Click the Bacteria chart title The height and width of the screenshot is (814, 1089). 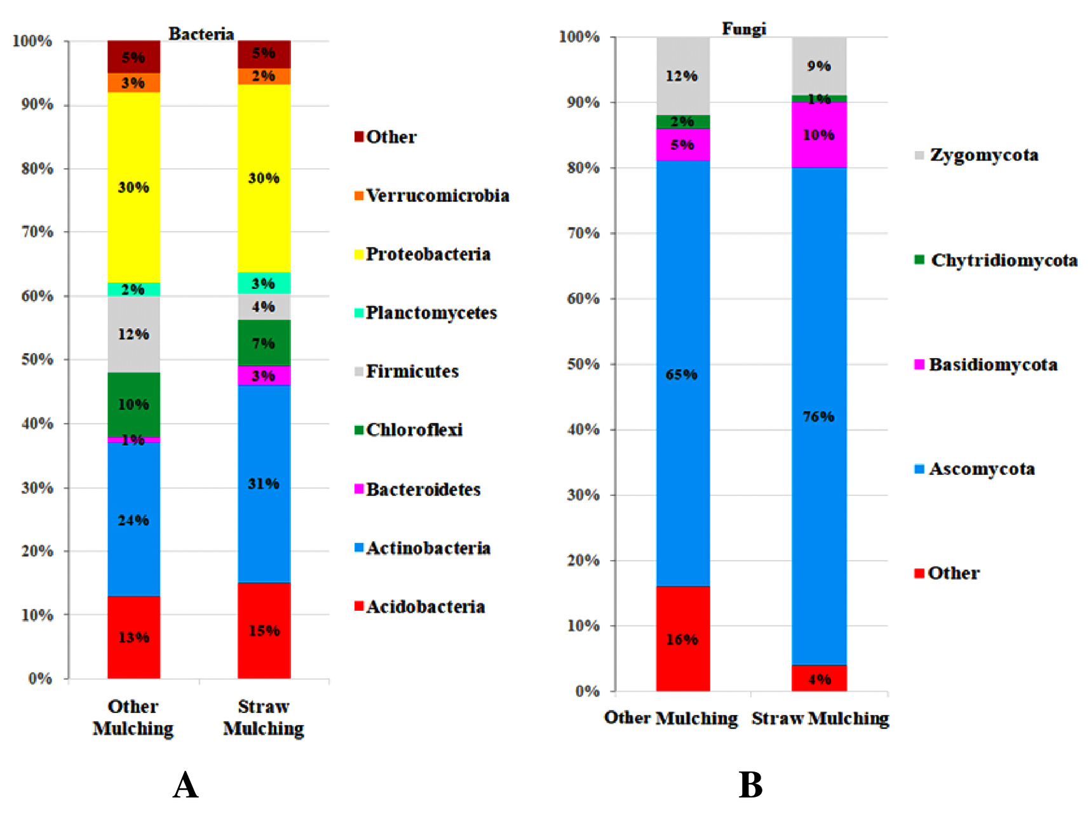click(201, 34)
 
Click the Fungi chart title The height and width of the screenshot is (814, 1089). click(743, 29)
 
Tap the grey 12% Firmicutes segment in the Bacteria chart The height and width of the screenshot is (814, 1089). click(133, 334)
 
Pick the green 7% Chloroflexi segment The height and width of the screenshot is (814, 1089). click(264, 343)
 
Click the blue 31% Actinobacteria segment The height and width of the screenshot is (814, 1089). click(264, 483)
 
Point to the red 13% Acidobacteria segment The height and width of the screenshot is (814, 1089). click(133, 637)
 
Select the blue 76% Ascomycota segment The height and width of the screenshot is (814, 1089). click(818, 416)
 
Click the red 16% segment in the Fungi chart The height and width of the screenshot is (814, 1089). click(682, 639)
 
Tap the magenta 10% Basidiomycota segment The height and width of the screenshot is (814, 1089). click(818, 135)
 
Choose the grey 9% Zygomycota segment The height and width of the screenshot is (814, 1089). click(818, 66)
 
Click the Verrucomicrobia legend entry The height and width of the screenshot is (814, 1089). click(432, 196)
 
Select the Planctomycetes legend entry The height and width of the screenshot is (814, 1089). click(426, 312)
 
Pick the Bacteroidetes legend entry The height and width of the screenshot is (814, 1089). click(417, 489)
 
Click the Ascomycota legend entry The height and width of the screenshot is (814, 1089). click(975, 469)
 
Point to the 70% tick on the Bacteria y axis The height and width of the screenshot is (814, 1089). click(37, 232)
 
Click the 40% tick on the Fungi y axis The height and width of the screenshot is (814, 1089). click(583, 429)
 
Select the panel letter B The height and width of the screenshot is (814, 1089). click(750, 785)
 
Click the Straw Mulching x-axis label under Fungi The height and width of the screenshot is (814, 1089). click(820, 718)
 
